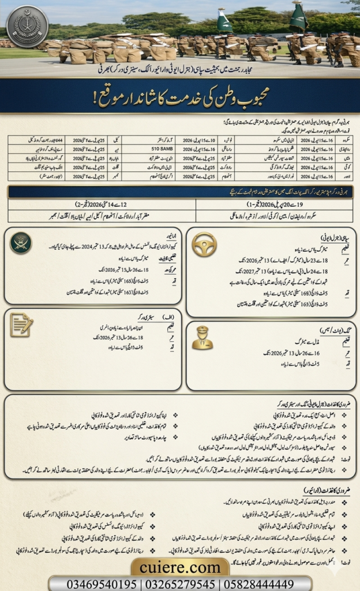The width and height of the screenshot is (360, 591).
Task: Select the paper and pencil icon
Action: (21, 325)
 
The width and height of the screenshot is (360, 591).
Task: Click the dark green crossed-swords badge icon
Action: (21, 242)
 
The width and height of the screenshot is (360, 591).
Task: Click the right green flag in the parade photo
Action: (298, 17)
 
